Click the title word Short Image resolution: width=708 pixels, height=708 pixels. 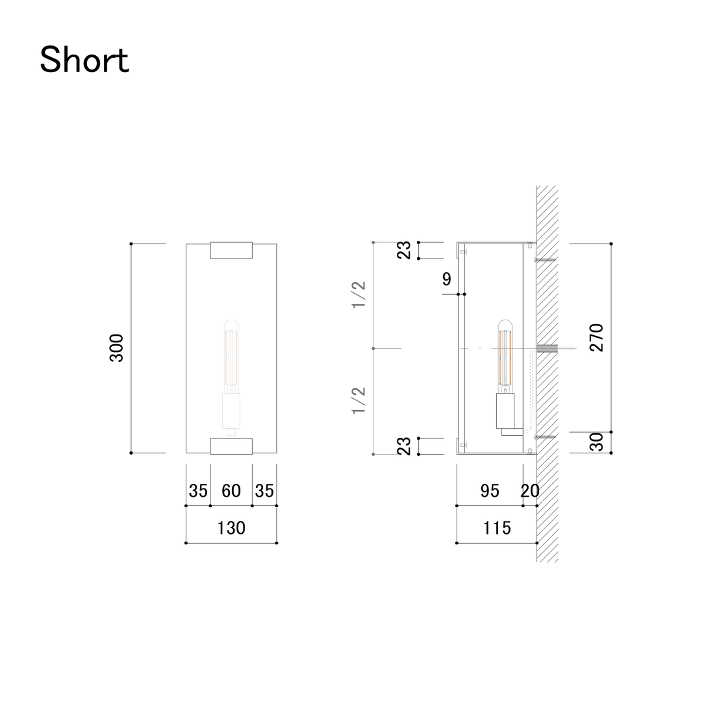84,60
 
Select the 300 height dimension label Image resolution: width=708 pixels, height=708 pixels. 116,348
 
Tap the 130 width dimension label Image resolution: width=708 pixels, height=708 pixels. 231,528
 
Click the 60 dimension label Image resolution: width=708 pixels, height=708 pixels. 231,491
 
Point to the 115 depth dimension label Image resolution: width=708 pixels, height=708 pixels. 497,528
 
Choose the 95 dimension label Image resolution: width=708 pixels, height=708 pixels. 490,491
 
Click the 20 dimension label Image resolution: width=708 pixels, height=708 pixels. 529,491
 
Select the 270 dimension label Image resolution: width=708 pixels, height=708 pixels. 596,337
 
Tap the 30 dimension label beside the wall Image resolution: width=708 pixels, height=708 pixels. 596,442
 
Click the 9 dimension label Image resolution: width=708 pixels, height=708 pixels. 447,279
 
